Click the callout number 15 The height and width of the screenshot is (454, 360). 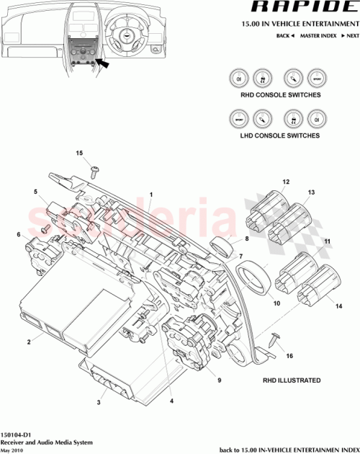[x=80, y=153]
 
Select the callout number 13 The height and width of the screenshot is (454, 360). [x=311, y=192]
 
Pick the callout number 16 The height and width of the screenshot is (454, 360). [x=289, y=356]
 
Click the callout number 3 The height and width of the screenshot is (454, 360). [x=99, y=402]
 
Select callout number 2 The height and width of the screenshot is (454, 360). [x=29, y=341]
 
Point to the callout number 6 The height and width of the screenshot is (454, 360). [x=18, y=234]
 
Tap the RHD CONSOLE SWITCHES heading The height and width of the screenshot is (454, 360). [x=281, y=95]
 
